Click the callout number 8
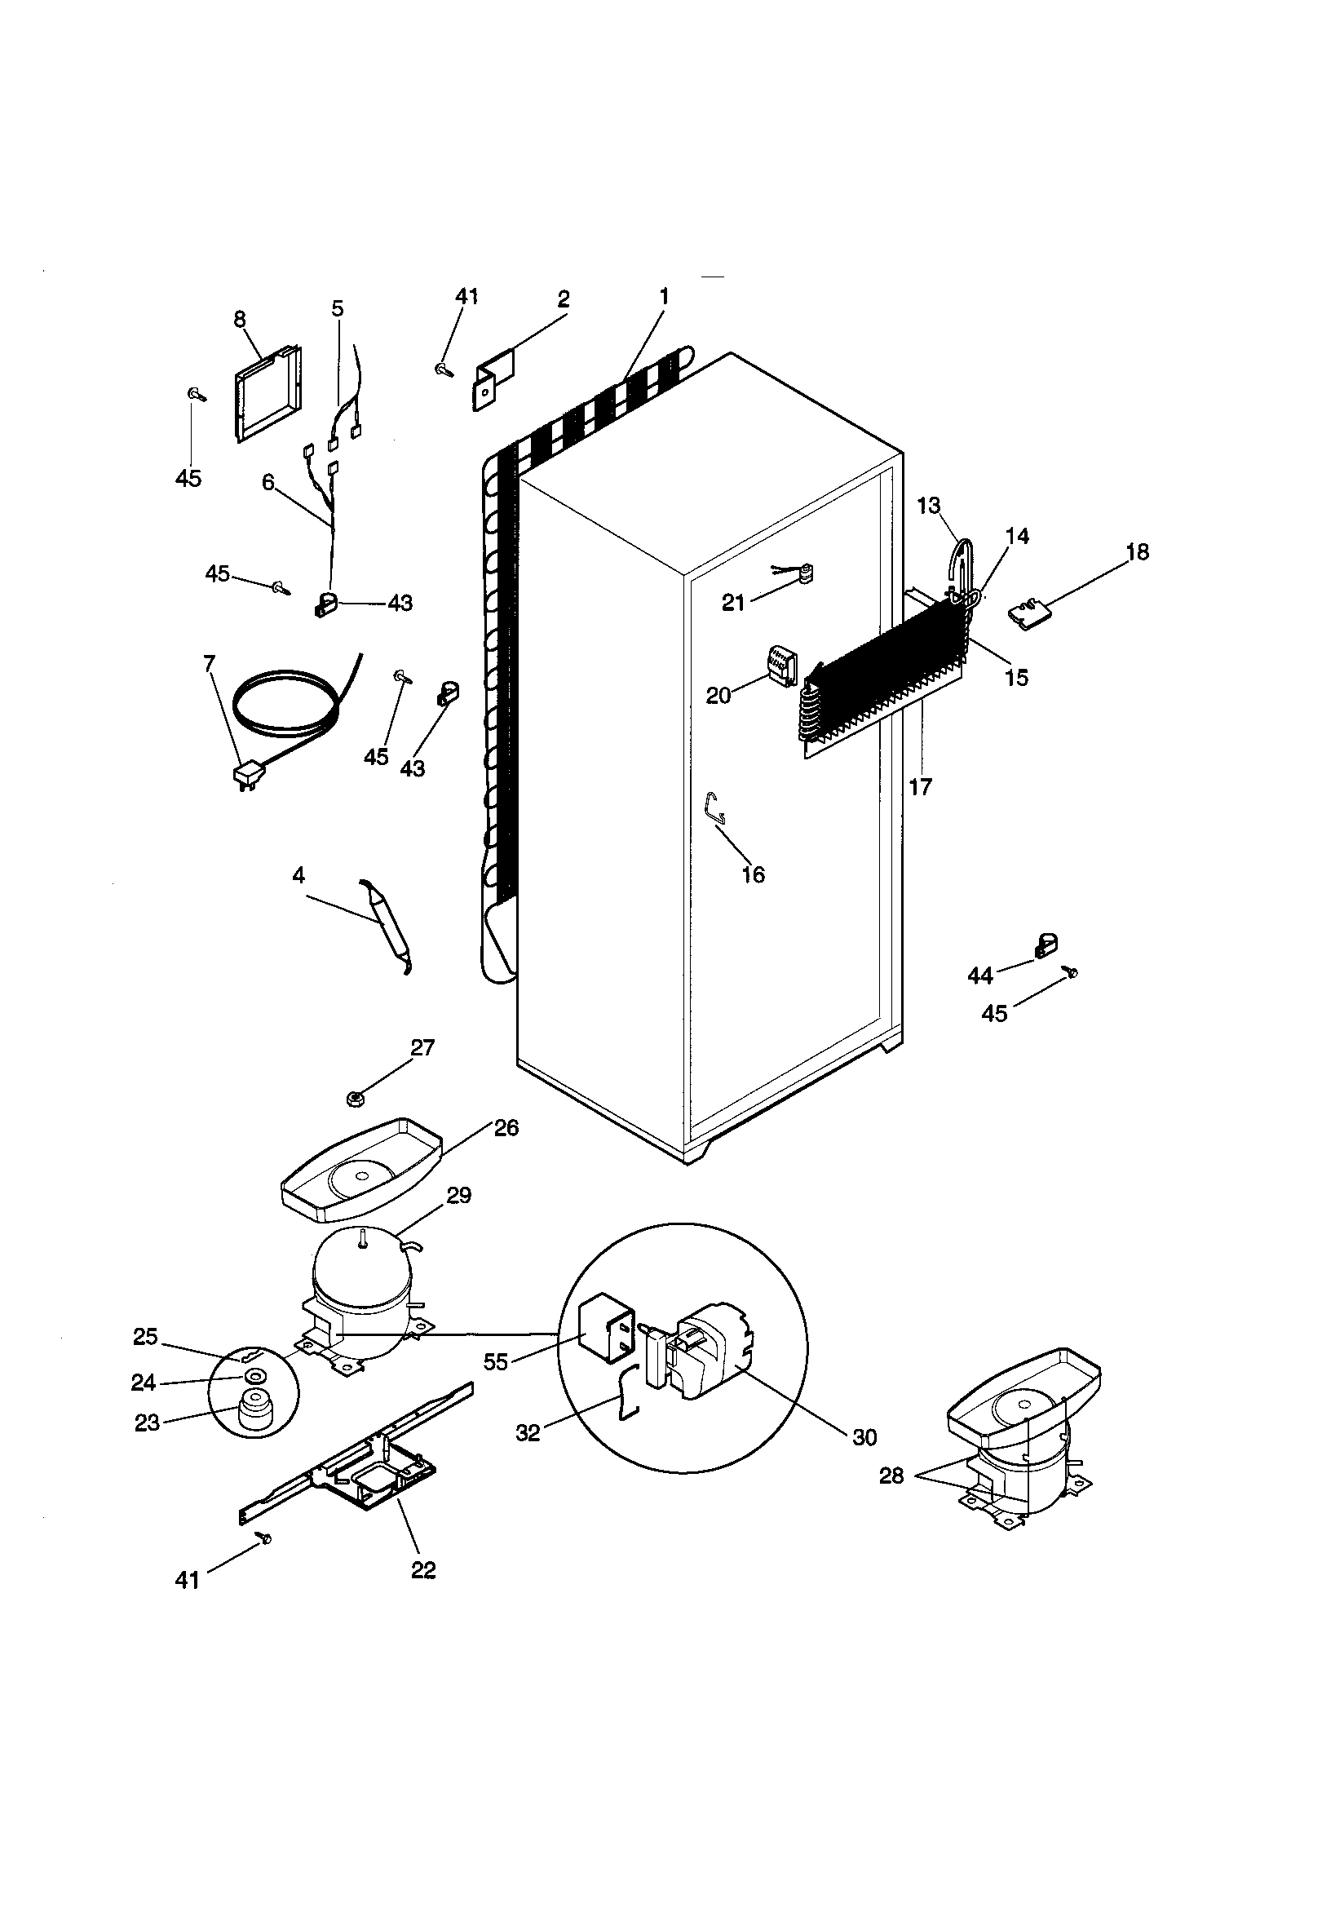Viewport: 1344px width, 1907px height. (x=239, y=319)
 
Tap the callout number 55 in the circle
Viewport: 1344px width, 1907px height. (x=496, y=1362)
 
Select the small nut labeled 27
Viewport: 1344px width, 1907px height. (x=355, y=1100)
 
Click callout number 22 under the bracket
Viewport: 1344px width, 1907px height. (x=422, y=1570)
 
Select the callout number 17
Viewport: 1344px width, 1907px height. (x=921, y=786)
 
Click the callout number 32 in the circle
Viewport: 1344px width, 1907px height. (x=528, y=1432)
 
